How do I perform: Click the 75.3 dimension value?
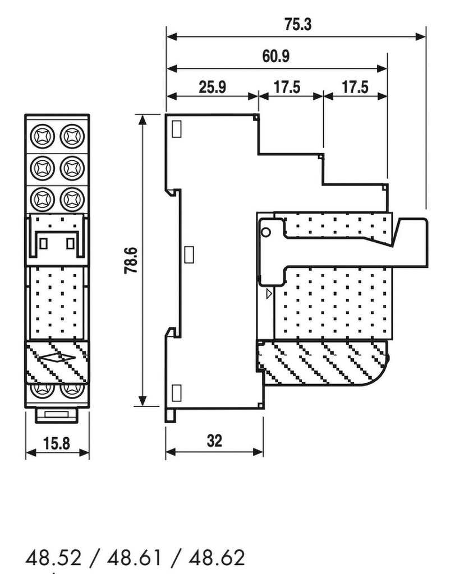(x=297, y=25)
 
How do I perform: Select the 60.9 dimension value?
(x=279, y=57)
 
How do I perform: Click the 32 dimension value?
(x=214, y=441)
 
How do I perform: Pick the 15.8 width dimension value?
(x=57, y=444)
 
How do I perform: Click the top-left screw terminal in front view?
(x=42, y=136)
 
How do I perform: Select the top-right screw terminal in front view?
(x=71, y=136)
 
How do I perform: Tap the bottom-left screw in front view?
(x=42, y=388)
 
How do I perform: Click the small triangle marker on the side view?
(x=269, y=293)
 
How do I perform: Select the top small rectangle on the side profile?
(x=176, y=129)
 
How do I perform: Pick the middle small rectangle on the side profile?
(x=190, y=254)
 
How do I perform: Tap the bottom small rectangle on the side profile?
(x=176, y=392)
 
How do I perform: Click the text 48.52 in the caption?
(x=53, y=559)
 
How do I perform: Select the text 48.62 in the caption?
(x=217, y=559)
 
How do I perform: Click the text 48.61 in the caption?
(x=135, y=559)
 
